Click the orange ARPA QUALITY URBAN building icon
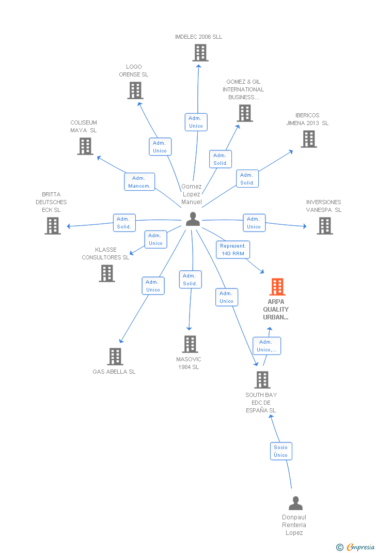277,287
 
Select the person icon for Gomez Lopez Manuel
193,219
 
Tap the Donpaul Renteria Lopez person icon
295,503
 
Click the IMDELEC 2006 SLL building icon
200,53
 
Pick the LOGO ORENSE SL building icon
135,90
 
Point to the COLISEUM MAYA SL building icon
85,146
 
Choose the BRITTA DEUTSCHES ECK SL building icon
53,226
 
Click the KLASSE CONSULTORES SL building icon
107,273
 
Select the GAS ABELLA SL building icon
115,357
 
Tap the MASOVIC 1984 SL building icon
190,344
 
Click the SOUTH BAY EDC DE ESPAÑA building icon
262,380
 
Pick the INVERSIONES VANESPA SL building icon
325,226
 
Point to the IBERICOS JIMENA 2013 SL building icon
309,139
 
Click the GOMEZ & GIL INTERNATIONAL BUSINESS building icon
245,113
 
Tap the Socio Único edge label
281,451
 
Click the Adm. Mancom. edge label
139,182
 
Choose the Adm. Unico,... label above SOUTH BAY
267,346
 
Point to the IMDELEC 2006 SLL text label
198,37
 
